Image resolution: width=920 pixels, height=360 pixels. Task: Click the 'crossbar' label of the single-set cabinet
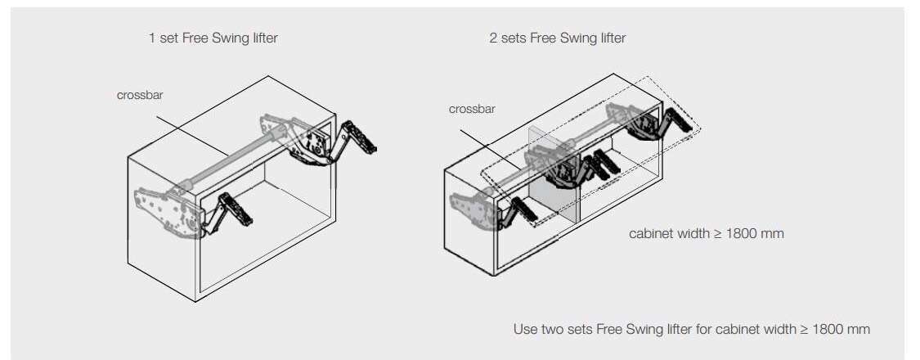140,95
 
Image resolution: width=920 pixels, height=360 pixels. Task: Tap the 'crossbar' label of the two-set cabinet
472,109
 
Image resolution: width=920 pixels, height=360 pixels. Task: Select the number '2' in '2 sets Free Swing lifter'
493,38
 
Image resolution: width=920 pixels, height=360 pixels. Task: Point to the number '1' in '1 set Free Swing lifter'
152,38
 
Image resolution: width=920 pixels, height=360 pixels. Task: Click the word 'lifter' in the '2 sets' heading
611,38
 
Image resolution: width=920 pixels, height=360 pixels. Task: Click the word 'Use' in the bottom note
524,329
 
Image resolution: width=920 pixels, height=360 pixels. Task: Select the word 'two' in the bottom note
554,329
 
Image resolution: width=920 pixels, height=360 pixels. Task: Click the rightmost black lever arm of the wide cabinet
679,123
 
